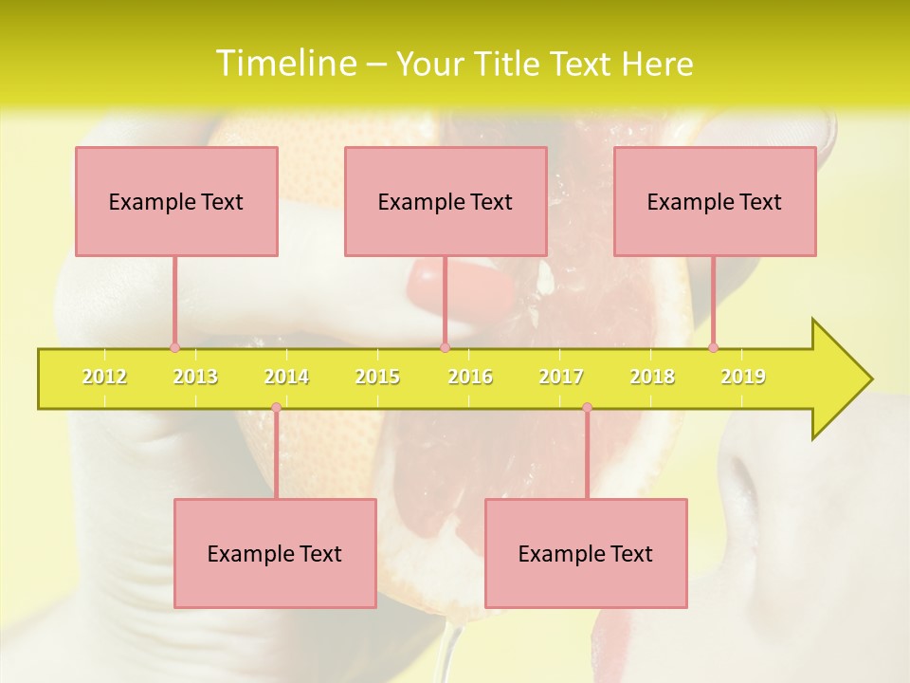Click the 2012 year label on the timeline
pos(104,377)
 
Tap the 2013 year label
pos(195,377)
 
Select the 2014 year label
pos(286,377)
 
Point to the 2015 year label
pos(377,377)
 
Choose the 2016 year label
pos(470,377)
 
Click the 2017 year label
pos(561,377)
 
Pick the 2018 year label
pos(652,377)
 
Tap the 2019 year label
pos(743,377)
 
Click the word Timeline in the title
pos(283,64)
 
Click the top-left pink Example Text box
pos(176,201)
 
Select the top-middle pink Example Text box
pos(446,201)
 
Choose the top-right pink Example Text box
pos(715,201)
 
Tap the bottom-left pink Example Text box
pos(275,553)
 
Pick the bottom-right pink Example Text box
pos(586,553)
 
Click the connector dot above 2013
pos(174,347)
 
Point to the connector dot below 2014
pos(276,408)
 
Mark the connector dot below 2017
pos(587,408)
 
